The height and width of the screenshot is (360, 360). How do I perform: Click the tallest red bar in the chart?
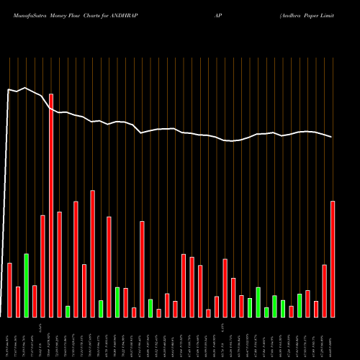click(x=51, y=205)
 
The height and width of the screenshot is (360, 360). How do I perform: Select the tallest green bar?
click(x=26, y=285)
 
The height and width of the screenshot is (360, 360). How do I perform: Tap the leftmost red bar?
click(x=9, y=289)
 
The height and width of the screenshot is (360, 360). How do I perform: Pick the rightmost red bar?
click(x=333, y=258)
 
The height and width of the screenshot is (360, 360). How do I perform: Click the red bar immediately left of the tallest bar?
click(x=42, y=266)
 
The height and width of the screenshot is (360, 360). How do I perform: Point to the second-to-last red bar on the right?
click(x=325, y=290)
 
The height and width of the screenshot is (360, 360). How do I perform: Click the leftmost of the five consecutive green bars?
click(x=250, y=307)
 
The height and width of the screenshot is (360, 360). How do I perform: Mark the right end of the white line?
click(x=332, y=137)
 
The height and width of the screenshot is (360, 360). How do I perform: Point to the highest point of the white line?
click(x=26, y=88)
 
